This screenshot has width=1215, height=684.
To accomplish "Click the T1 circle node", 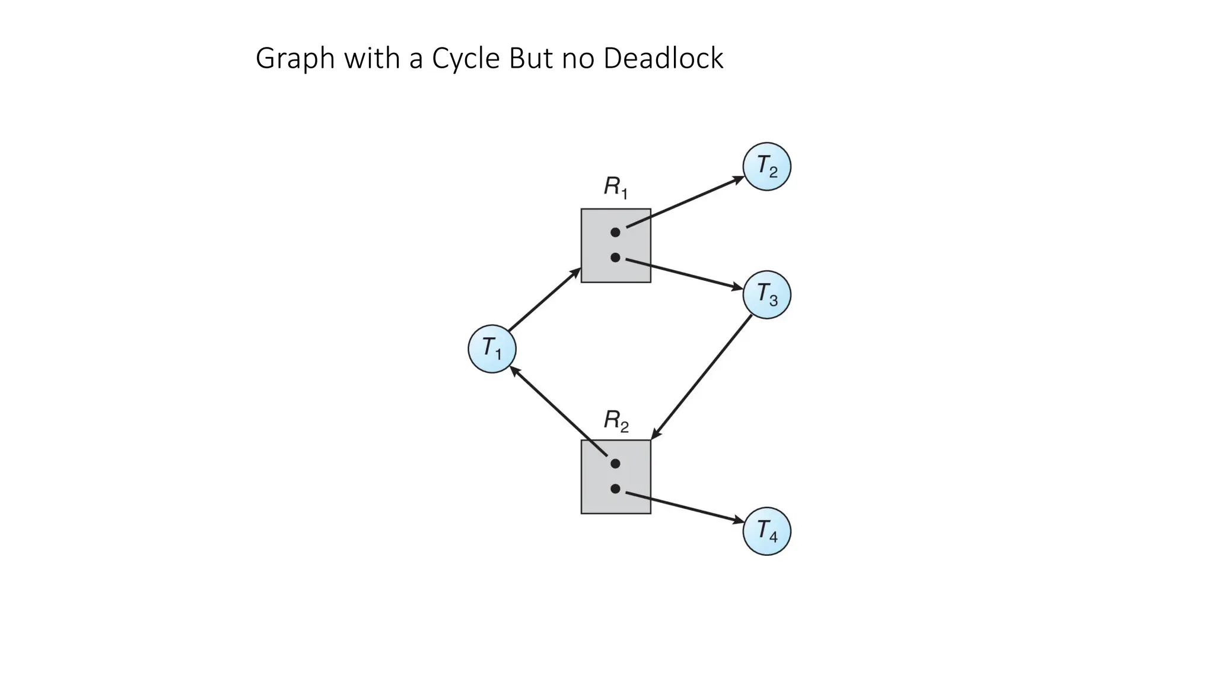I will pos(492,349).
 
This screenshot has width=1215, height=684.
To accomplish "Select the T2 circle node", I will pos(766,166).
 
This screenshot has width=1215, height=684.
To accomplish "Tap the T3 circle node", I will pos(766,294).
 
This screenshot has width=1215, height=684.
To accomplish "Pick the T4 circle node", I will pos(766,531).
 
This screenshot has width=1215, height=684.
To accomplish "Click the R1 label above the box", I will pos(616,188).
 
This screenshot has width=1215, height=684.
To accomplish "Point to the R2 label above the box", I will pos(616,421).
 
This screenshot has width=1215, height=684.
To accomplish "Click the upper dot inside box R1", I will pos(615,232).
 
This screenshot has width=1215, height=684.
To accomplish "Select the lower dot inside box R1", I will pos(615,258).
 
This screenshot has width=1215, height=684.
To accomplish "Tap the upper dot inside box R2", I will pos(615,463).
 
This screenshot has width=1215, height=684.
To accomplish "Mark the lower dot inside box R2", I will pos(615,489).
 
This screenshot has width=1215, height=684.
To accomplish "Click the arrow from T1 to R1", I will pos(544,300).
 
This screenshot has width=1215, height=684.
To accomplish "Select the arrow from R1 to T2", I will pos(685,202).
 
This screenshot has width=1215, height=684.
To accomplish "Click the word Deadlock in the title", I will pos(663,58).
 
